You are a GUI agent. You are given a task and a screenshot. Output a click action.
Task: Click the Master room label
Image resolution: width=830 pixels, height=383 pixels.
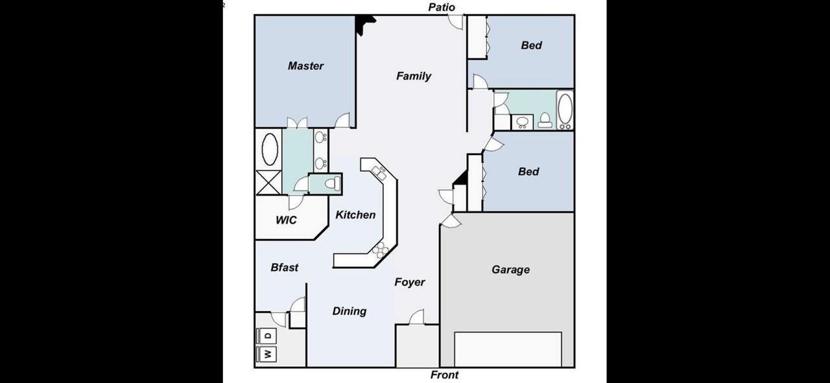[305, 65]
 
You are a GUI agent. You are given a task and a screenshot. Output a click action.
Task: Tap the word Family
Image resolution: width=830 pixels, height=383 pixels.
[413, 76]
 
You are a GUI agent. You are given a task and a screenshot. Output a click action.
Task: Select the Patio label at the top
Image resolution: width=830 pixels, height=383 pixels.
[442, 7]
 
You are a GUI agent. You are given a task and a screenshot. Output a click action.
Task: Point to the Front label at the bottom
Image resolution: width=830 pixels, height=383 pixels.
[444, 375]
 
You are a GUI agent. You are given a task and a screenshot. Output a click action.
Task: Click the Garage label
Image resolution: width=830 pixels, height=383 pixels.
[510, 270]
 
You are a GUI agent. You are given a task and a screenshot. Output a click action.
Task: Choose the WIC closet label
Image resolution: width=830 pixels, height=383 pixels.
[286, 220]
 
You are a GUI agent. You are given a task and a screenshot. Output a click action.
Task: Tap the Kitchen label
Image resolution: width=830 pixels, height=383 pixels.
[355, 215]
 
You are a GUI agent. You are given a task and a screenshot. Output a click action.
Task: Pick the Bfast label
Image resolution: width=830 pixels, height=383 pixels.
[284, 267]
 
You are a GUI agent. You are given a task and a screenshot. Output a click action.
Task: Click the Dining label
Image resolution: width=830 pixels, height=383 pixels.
[350, 311]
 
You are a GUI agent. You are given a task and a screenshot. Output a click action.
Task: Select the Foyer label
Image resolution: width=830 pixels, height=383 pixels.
[410, 282]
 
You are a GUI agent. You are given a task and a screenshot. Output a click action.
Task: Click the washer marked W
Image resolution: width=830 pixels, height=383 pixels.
[267, 354]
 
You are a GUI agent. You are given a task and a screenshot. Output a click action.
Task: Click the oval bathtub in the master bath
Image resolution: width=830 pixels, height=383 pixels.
[268, 149]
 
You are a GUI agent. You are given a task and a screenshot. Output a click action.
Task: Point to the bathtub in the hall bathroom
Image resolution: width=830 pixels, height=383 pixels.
[565, 110]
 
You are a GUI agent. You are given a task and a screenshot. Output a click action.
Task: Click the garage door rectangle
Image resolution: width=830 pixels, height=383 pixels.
[508, 349]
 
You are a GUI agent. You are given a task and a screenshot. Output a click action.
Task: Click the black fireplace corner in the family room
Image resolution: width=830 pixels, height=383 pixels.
[364, 23]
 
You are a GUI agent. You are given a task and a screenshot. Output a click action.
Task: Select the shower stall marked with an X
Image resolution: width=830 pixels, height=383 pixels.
[268, 182]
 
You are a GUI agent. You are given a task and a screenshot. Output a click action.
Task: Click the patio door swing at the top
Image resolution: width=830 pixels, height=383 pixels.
[456, 21]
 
